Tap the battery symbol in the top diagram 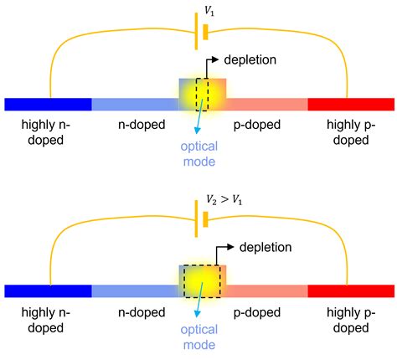pyautogui.click(x=198, y=35)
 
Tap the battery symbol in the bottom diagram pyautogui.click(x=198, y=223)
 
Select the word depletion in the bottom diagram pyautogui.click(x=266, y=247)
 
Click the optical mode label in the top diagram pyautogui.click(x=199, y=153)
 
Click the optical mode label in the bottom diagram pyautogui.click(x=199, y=338)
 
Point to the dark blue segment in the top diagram pyautogui.click(x=48, y=104)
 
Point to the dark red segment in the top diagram pyautogui.click(x=350, y=104)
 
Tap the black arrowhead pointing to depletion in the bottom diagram pyautogui.click(x=232, y=247)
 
